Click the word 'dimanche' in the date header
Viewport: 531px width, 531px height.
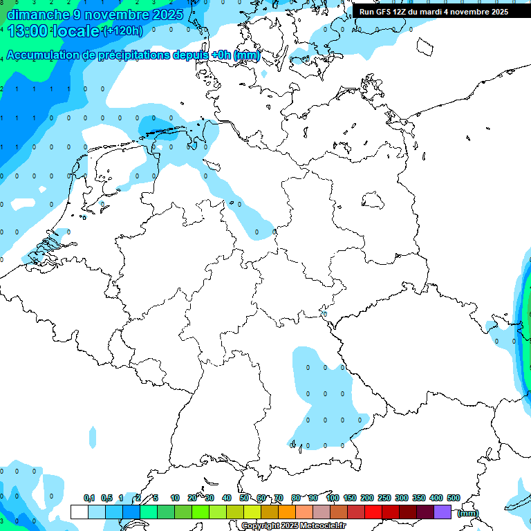pos(35,15)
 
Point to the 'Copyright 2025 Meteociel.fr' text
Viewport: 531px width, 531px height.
pos(293,526)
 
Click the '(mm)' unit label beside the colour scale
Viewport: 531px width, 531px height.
pos(467,513)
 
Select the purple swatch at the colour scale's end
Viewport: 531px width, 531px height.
pos(442,512)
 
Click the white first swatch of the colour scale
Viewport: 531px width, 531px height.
pos(80,512)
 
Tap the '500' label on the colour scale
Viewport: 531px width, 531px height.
pos(454,498)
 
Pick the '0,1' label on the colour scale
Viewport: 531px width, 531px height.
pos(89,498)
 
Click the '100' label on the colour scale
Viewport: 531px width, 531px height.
pos(332,498)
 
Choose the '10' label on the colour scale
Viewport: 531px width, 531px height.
pos(175,498)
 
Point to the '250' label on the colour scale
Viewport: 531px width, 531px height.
pos(384,498)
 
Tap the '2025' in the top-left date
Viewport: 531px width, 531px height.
pos(167,15)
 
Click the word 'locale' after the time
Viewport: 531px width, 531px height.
pos(78,31)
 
